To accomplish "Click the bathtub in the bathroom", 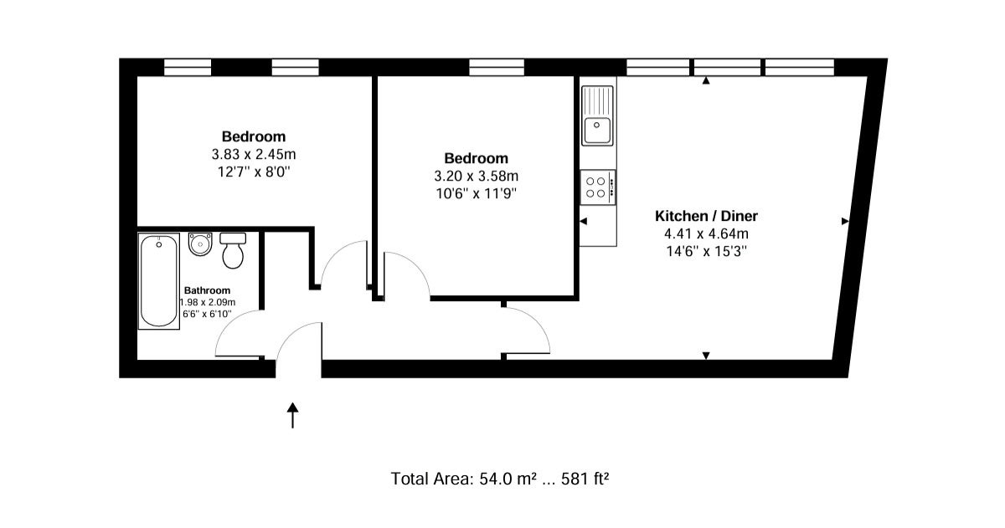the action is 159,281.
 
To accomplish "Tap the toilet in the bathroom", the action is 233,250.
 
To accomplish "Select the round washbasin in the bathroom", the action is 200,244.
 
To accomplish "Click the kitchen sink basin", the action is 596,130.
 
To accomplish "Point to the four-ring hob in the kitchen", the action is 598,187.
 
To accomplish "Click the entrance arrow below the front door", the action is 292,415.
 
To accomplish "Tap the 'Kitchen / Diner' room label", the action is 706,216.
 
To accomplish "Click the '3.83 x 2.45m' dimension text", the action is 254,155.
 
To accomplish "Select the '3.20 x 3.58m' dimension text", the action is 476,177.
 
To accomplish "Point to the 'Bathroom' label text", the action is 207,290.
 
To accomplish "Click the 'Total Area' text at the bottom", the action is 432,479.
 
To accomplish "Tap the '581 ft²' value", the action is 585,479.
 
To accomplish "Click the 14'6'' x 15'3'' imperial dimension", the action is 706,252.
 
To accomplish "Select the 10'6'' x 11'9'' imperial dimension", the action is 476,194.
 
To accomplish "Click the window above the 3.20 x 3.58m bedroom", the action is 497,67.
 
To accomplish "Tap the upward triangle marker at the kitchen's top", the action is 706,80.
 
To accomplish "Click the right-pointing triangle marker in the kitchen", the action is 845,221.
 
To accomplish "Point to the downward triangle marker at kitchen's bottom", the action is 706,356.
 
